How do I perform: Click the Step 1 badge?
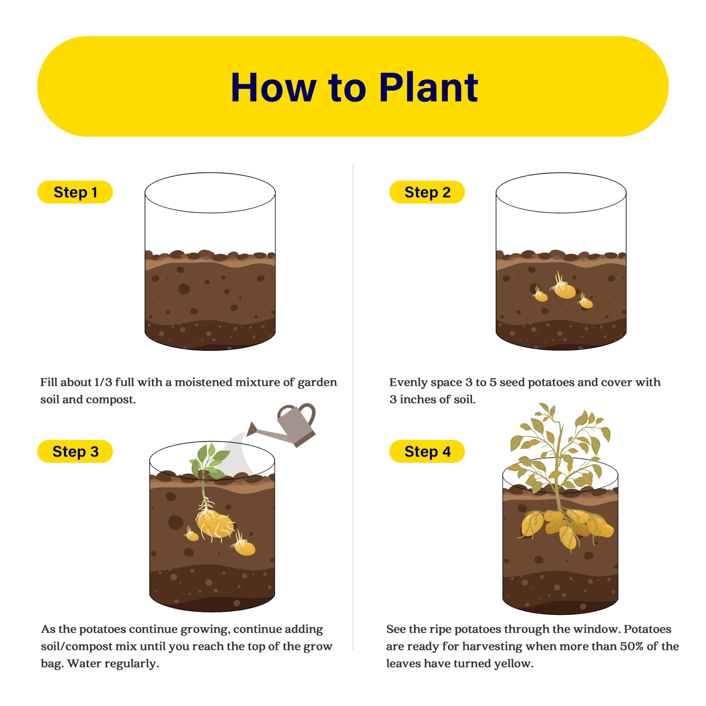tap(75, 192)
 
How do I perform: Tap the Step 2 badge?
tap(427, 192)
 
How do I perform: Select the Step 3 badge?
tap(75, 451)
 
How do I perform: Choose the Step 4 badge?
tap(427, 451)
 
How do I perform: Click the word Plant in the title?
tap(428, 87)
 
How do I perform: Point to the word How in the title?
tap(273, 87)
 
